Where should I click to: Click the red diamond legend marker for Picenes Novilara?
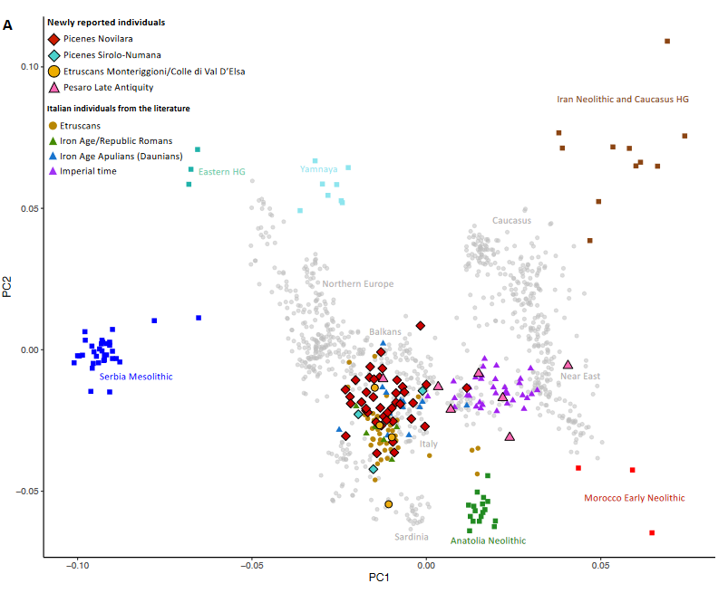54,40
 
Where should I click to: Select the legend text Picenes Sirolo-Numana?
112,55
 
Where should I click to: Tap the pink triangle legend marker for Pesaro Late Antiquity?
54,87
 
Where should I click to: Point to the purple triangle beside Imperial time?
53,171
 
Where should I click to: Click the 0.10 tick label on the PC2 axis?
30,67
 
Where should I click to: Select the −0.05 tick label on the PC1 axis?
252,566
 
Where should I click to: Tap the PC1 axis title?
379,578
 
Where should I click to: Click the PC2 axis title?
7,287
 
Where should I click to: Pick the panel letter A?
7,25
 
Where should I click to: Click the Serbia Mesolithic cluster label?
136,377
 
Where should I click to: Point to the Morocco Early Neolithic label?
635,498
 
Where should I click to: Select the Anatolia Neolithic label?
488,540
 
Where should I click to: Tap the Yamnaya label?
318,169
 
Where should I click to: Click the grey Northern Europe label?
358,283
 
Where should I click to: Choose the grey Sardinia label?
412,537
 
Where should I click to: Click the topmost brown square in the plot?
667,42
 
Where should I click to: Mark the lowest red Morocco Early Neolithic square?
652,532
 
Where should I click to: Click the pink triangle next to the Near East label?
568,365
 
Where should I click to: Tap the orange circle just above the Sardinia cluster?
389,504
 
